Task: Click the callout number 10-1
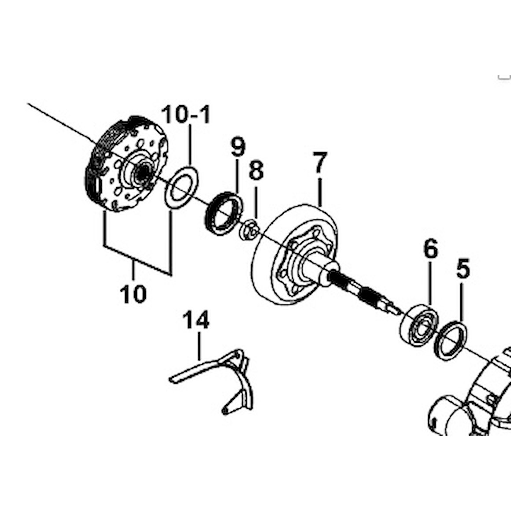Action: pos(186,115)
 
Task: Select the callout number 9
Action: pos(237,147)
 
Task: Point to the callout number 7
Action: pos(319,163)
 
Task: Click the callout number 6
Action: pos(430,249)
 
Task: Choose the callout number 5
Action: pos(463,269)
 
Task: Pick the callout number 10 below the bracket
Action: pos(133,293)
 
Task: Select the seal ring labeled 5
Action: pos(450,341)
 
